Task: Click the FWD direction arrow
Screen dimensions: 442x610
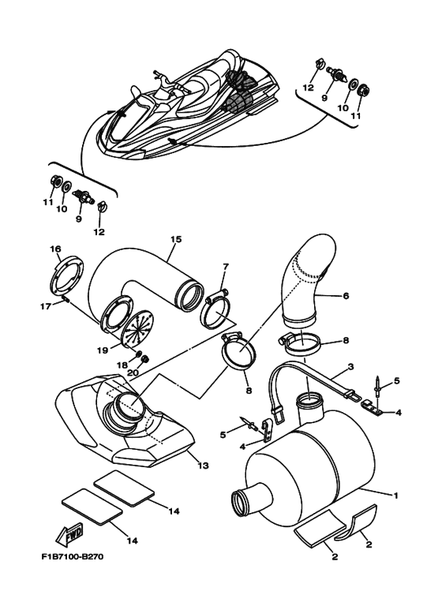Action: coord(69,537)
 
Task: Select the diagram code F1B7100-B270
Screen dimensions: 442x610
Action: coord(73,556)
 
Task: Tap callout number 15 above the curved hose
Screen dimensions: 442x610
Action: coord(176,239)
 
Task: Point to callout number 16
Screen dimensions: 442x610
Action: coord(55,249)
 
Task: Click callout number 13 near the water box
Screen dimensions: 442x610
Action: coord(203,466)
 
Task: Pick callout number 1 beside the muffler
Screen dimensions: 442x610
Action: coord(395,496)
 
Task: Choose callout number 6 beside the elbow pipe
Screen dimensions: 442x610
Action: coord(346,296)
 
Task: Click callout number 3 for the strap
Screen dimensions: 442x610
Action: coord(351,366)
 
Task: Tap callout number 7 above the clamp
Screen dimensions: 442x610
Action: coord(226,267)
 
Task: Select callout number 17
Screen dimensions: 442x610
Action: coord(46,306)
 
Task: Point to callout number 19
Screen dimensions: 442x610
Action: coord(103,350)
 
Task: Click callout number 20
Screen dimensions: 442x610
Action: coord(133,372)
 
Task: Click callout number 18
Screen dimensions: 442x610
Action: coord(122,365)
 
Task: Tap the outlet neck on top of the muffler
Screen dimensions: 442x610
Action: coord(309,409)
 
